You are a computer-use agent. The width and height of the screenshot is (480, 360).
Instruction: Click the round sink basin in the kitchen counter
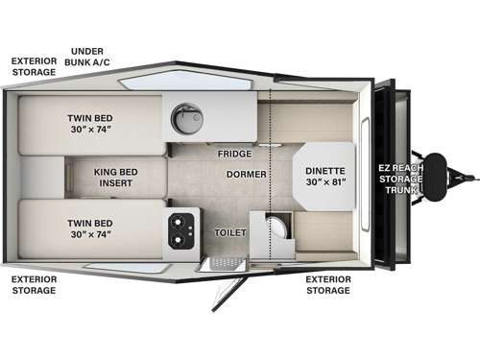pyautogui.click(x=184, y=118)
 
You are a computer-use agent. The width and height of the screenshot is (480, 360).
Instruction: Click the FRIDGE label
pyautogui.click(x=233, y=154)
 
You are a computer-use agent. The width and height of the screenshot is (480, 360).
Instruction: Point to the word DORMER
pyautogui.click(x=247, y=175)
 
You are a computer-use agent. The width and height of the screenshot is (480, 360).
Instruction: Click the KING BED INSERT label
pyautogui.click(x=119, y=180)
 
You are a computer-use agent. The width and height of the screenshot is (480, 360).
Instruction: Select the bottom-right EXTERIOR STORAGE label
pyautogui.click(x=327, y=285)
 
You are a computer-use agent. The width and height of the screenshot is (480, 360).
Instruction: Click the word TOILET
pyautogui.click(x=231, y=232)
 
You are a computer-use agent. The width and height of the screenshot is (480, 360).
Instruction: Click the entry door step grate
pyautogui.click(x=223, y=263)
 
